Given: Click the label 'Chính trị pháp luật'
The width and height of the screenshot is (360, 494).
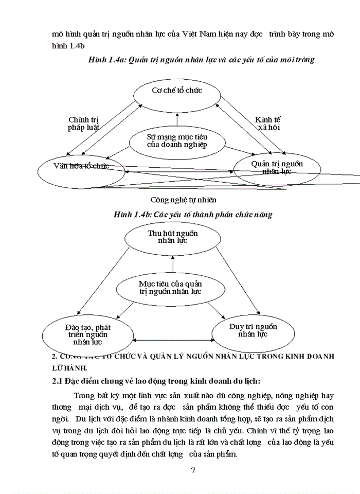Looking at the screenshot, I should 83,123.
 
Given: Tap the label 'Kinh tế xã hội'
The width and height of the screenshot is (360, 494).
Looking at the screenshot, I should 268,123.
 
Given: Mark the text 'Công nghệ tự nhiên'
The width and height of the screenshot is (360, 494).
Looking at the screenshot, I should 184,200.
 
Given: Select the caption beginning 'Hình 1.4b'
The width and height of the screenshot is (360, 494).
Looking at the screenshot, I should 193,214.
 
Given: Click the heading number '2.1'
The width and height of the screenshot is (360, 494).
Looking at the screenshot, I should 59,381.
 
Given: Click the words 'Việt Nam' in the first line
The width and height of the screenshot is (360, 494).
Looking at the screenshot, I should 206,33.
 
